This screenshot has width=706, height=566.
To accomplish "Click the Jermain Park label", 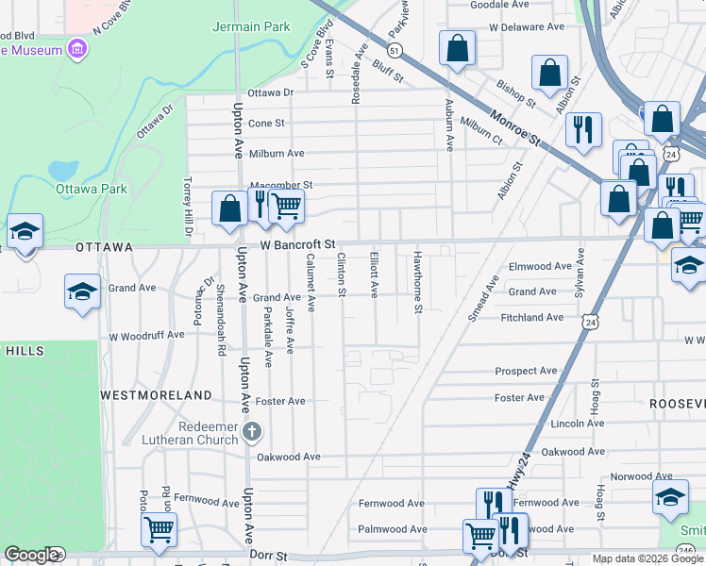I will pyautogui.click(x=251, y=26).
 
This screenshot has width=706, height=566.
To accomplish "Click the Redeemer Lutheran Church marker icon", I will pyautogui.click(x=251, y=432).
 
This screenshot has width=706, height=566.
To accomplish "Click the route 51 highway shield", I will pyautogui.click(x=395, y=49).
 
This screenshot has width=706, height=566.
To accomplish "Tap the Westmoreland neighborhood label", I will pyautogui.click(x=157, y=394).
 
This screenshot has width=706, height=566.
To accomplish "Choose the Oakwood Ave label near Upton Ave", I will pyautogui.click(x=289, y=457).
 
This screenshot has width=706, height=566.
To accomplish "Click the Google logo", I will pyautogui.click(x=31, y=555).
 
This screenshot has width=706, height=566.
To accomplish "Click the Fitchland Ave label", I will pyautogui.click(x=532, y=318).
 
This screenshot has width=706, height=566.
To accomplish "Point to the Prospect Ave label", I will pyautogui.click(x=526, y=371).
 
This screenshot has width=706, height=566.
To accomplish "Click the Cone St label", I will pyautogui.click(x=266, y=124).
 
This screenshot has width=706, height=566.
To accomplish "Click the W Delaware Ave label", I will pyautogui.click(x=526, y=27).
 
